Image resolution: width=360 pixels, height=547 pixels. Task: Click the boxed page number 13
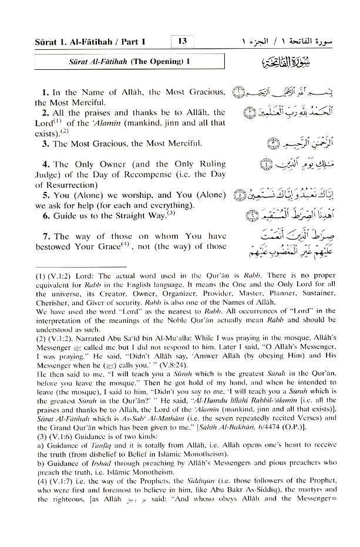(x=183, y=42)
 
